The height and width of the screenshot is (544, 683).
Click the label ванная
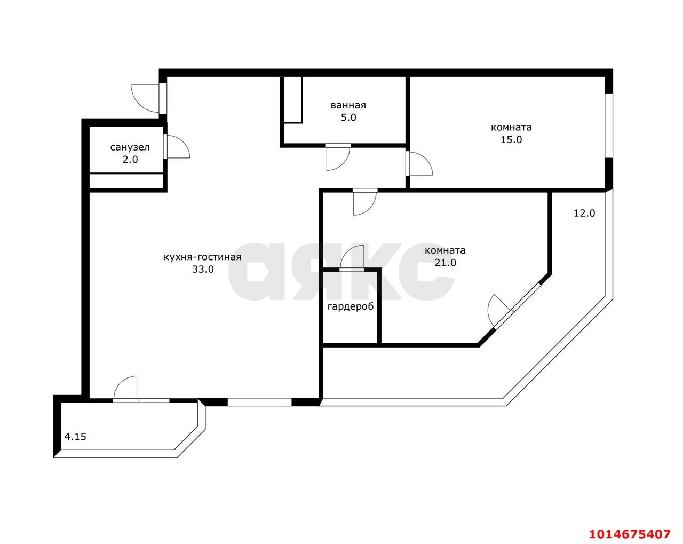click(x=348, y=105)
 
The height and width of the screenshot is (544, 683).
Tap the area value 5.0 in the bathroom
click(x=348, y=117)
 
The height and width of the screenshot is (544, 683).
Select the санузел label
click(x=130, y=147)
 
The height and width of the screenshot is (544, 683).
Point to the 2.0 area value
click(x=130, y=160)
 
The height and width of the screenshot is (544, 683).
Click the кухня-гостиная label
click(x=202, y=257)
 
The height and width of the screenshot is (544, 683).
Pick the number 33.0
click(x=203, y=269)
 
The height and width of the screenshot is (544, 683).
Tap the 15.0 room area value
click(x=511, y=140)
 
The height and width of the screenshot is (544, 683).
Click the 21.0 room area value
click(x=445, y=263)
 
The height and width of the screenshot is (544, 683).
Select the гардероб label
click(x=351, y=307)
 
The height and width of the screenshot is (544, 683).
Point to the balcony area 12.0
click(x=584, y=213)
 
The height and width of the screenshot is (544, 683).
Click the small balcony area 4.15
click(x=75, y=437)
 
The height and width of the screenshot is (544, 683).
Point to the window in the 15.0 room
click(x=609, y=125)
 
